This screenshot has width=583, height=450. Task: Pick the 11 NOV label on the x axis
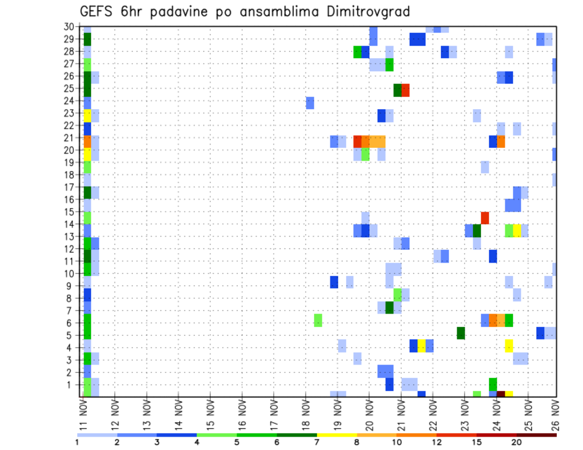pos(83,415)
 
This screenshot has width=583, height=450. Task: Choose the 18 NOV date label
pos(305,415)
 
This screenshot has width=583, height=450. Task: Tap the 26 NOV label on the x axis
pos(557,415)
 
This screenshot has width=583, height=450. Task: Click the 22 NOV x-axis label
pos(432,415)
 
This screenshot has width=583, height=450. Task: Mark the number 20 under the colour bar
pos(516,443)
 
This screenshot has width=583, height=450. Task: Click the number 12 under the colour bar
pos(437,443)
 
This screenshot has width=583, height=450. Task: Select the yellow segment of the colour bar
pos(337,435)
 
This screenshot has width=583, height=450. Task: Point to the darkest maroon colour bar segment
pos(536,435)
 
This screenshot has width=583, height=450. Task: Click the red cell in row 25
pos(405,90)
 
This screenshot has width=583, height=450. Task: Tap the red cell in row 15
pos(485,218)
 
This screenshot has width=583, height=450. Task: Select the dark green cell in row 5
pos(460,333)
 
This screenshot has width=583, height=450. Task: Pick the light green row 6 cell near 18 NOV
pos(318,320)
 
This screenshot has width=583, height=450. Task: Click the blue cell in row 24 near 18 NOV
pos(310,102)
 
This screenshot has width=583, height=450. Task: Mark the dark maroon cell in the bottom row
pos(500,394)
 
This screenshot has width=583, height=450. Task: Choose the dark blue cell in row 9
pos(333,282)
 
